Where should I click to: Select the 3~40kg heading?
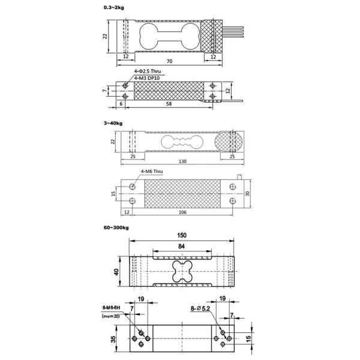coord(113,122)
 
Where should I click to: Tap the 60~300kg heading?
coord(115,227)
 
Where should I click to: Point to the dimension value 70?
coord(170,62)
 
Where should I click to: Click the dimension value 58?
coord(170,105)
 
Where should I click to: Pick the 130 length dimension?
coord(182,161)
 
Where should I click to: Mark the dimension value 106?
coord(182,212)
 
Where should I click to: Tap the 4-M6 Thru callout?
coord(152,172)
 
